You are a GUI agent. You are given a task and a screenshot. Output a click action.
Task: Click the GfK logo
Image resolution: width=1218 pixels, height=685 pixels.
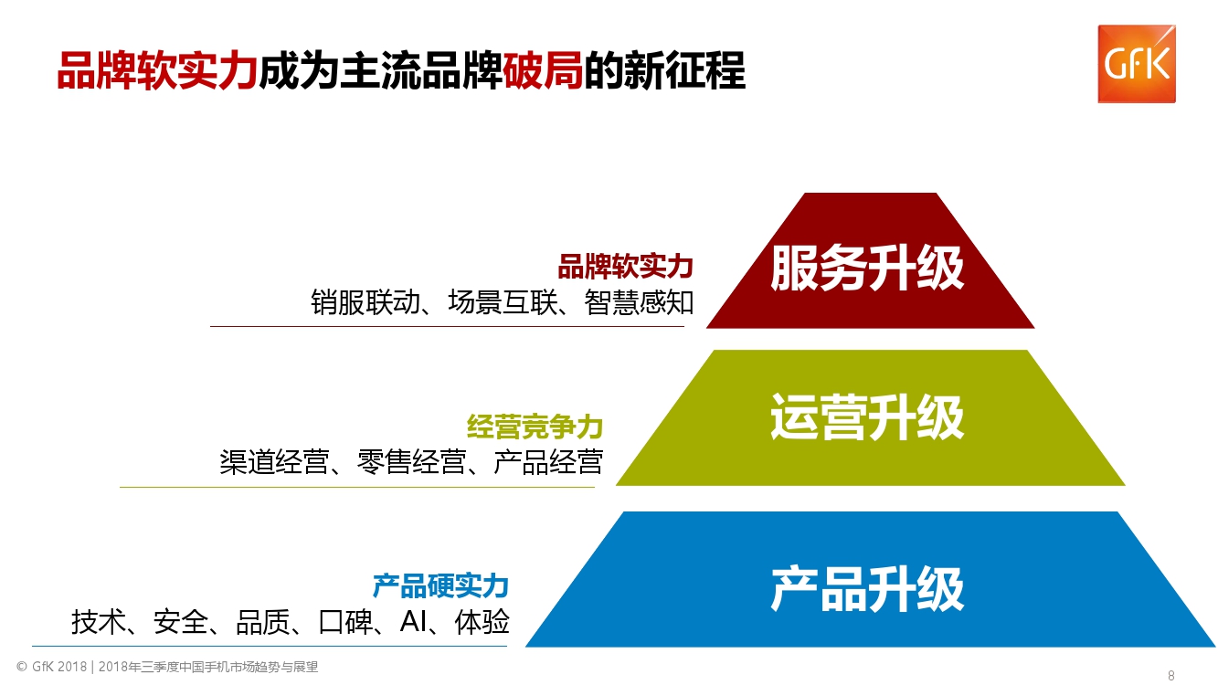(1137, 64)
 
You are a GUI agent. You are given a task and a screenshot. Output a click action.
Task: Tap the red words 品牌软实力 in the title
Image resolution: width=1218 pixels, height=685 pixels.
(155, 70)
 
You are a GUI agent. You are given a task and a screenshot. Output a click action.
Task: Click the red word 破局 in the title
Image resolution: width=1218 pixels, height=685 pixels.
(543, 70)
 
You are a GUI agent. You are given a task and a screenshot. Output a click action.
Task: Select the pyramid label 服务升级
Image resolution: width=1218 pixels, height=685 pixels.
(867, 268)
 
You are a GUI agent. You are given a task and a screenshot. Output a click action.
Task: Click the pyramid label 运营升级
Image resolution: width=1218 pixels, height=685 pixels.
(867, 417)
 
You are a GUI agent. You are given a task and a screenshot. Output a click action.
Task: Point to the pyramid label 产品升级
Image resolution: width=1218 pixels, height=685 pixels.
(867, 588)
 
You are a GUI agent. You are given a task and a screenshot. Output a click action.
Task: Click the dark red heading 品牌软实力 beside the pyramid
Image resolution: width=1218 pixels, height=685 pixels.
(626, 267)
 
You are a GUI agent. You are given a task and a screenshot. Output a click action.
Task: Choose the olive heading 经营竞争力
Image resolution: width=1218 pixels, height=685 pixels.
(535, 427)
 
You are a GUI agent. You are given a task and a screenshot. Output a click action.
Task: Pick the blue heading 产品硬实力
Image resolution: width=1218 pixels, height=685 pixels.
(440, 585)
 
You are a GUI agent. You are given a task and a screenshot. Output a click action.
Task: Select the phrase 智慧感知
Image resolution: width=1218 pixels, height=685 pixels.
(640, 302)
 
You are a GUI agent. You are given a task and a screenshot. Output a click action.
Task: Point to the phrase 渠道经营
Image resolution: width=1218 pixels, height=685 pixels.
(274, 462)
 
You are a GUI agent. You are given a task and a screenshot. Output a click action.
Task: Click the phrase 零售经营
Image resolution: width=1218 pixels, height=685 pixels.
(411, 462)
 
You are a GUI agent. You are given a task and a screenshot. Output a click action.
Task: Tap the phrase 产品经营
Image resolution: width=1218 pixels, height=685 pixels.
(548, 462)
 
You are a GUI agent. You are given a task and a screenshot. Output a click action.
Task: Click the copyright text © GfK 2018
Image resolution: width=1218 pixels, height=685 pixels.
(51, 668)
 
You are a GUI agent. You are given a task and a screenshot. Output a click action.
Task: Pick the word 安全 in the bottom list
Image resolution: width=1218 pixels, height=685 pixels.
(181, 623)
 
